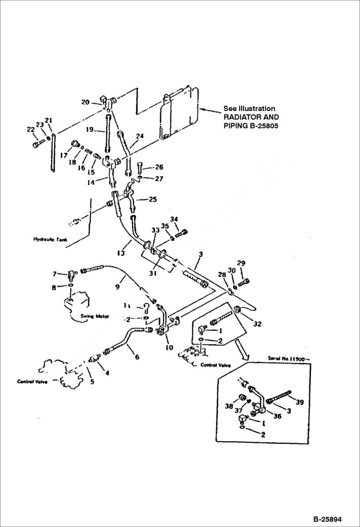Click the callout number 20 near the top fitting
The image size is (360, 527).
click(85, 102)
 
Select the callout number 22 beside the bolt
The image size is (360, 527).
click(30, 129)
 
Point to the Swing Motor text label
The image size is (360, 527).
click(95, 317)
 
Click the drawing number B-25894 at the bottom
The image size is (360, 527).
click(327, 519)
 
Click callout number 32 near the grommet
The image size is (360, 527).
click(257, 324)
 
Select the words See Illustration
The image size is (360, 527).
click(249, 109)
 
